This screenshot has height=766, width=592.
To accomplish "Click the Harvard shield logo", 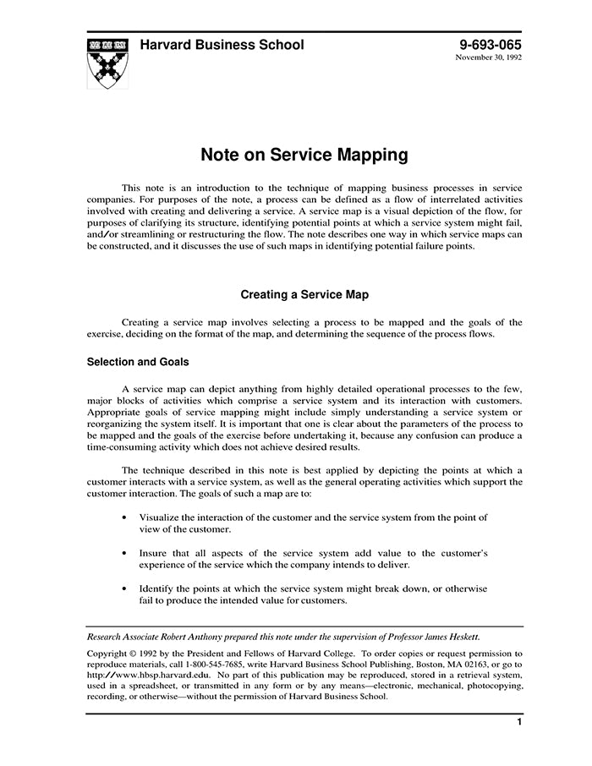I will (108, 63).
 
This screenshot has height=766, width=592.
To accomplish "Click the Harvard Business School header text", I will (222, 45).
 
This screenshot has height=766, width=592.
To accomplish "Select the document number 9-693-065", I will (491, 45).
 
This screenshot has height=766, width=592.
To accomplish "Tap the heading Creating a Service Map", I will (304, 295).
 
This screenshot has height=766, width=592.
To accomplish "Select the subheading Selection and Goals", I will (138, 362).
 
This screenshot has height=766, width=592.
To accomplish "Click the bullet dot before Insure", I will (125, 552).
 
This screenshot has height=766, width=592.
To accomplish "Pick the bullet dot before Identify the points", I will (125, 588).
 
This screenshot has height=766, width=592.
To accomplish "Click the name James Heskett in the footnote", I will (449, 637).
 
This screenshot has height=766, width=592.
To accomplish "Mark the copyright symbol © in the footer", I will (134, 654).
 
